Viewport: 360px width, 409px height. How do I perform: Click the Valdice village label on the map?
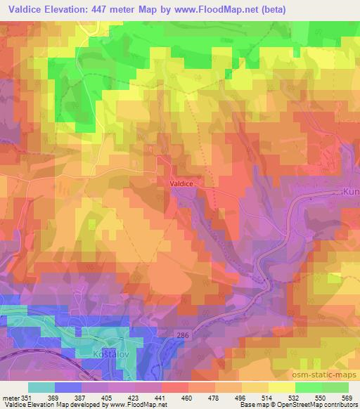click(181, 183)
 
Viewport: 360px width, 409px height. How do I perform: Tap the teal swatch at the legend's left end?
click(41, 387)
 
